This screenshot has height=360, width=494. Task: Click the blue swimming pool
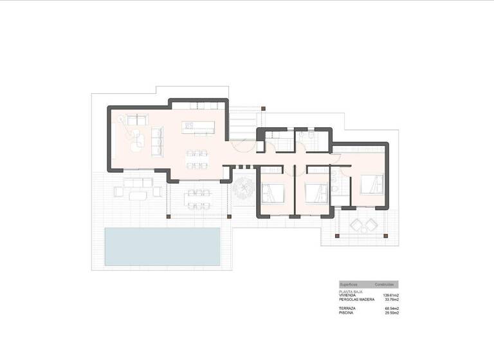coord(162,246)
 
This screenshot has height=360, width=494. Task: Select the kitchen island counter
coord(197,127)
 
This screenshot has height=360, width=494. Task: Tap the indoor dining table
coord(197,159)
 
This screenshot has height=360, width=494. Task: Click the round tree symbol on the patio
coord(244,188)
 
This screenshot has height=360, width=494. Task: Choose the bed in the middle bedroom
coord(314,192)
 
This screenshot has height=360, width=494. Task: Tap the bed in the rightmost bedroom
coord(371,184)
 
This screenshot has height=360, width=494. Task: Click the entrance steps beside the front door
coord(243,123)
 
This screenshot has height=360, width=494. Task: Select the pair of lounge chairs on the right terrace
coord(364,226)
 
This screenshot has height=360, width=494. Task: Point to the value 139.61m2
coord(390,295)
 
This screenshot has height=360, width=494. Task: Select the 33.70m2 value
coord(391,300)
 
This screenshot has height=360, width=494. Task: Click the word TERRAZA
coord(347,309)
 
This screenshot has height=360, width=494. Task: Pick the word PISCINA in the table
coord(347,313)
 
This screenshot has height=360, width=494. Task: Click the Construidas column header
coord(385,284)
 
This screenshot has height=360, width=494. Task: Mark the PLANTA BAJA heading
coord(350,291)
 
